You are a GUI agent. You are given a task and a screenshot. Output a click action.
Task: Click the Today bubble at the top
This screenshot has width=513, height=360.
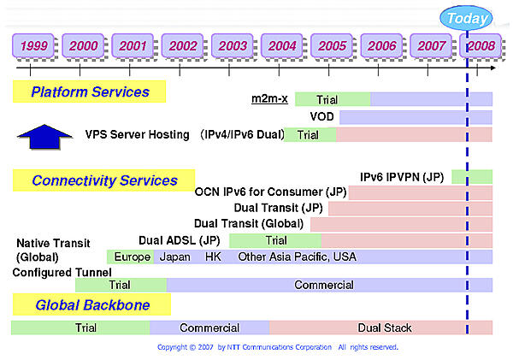click(467, 18)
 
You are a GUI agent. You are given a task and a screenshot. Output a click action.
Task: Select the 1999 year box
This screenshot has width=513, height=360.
click(34, 45)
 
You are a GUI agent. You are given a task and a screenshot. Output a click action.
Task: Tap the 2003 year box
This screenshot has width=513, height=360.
click(233, 45)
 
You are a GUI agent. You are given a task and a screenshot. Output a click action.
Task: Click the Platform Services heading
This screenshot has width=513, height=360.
click(90, 91)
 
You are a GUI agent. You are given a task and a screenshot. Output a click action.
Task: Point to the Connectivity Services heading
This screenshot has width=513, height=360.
click(104, 180)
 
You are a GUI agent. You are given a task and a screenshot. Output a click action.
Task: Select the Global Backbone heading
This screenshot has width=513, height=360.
click(92, 304)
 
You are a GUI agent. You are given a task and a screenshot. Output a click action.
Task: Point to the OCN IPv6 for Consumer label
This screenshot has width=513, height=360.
click(270, 192)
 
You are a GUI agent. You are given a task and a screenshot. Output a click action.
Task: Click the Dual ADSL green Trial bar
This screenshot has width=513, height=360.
click(274, 240)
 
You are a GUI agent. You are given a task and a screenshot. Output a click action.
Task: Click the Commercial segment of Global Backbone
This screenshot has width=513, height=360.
click(209, 328)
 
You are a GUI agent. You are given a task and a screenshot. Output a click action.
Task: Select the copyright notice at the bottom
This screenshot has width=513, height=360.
click(277, 348)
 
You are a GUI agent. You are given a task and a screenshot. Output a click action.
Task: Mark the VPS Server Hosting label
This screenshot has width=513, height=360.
click(139, 135)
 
